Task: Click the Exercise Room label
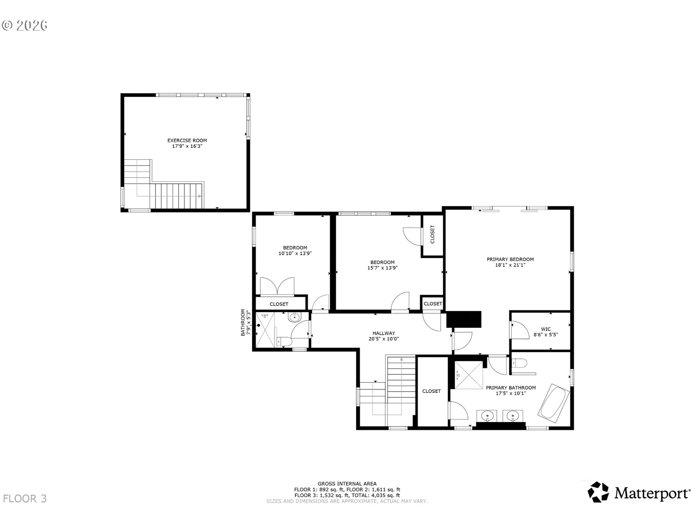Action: click(x=187, y=140)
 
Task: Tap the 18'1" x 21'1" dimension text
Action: click(x=510, y=265)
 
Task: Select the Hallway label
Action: click(x=384, y=333)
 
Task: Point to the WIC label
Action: click(x=546, y=329)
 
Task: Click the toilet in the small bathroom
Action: click(x=284, y=341)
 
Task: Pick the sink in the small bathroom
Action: click(x=294, y=317)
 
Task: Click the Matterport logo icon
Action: click(x=598, y=492)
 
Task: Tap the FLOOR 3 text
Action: click(x=25, y=499)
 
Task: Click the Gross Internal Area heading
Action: click(x=347, y=483)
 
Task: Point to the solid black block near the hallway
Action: click(x=464, y=319)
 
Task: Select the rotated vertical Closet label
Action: click(x=432, y=235)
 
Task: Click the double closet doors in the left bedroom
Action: click(x=277, y=286)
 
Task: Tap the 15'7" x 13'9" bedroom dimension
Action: click(x=382, y=268)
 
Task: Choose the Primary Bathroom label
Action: click(x=511, y=388)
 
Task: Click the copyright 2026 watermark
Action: click(x=25, y=25)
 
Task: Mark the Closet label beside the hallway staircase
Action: click(x=432, y=391)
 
